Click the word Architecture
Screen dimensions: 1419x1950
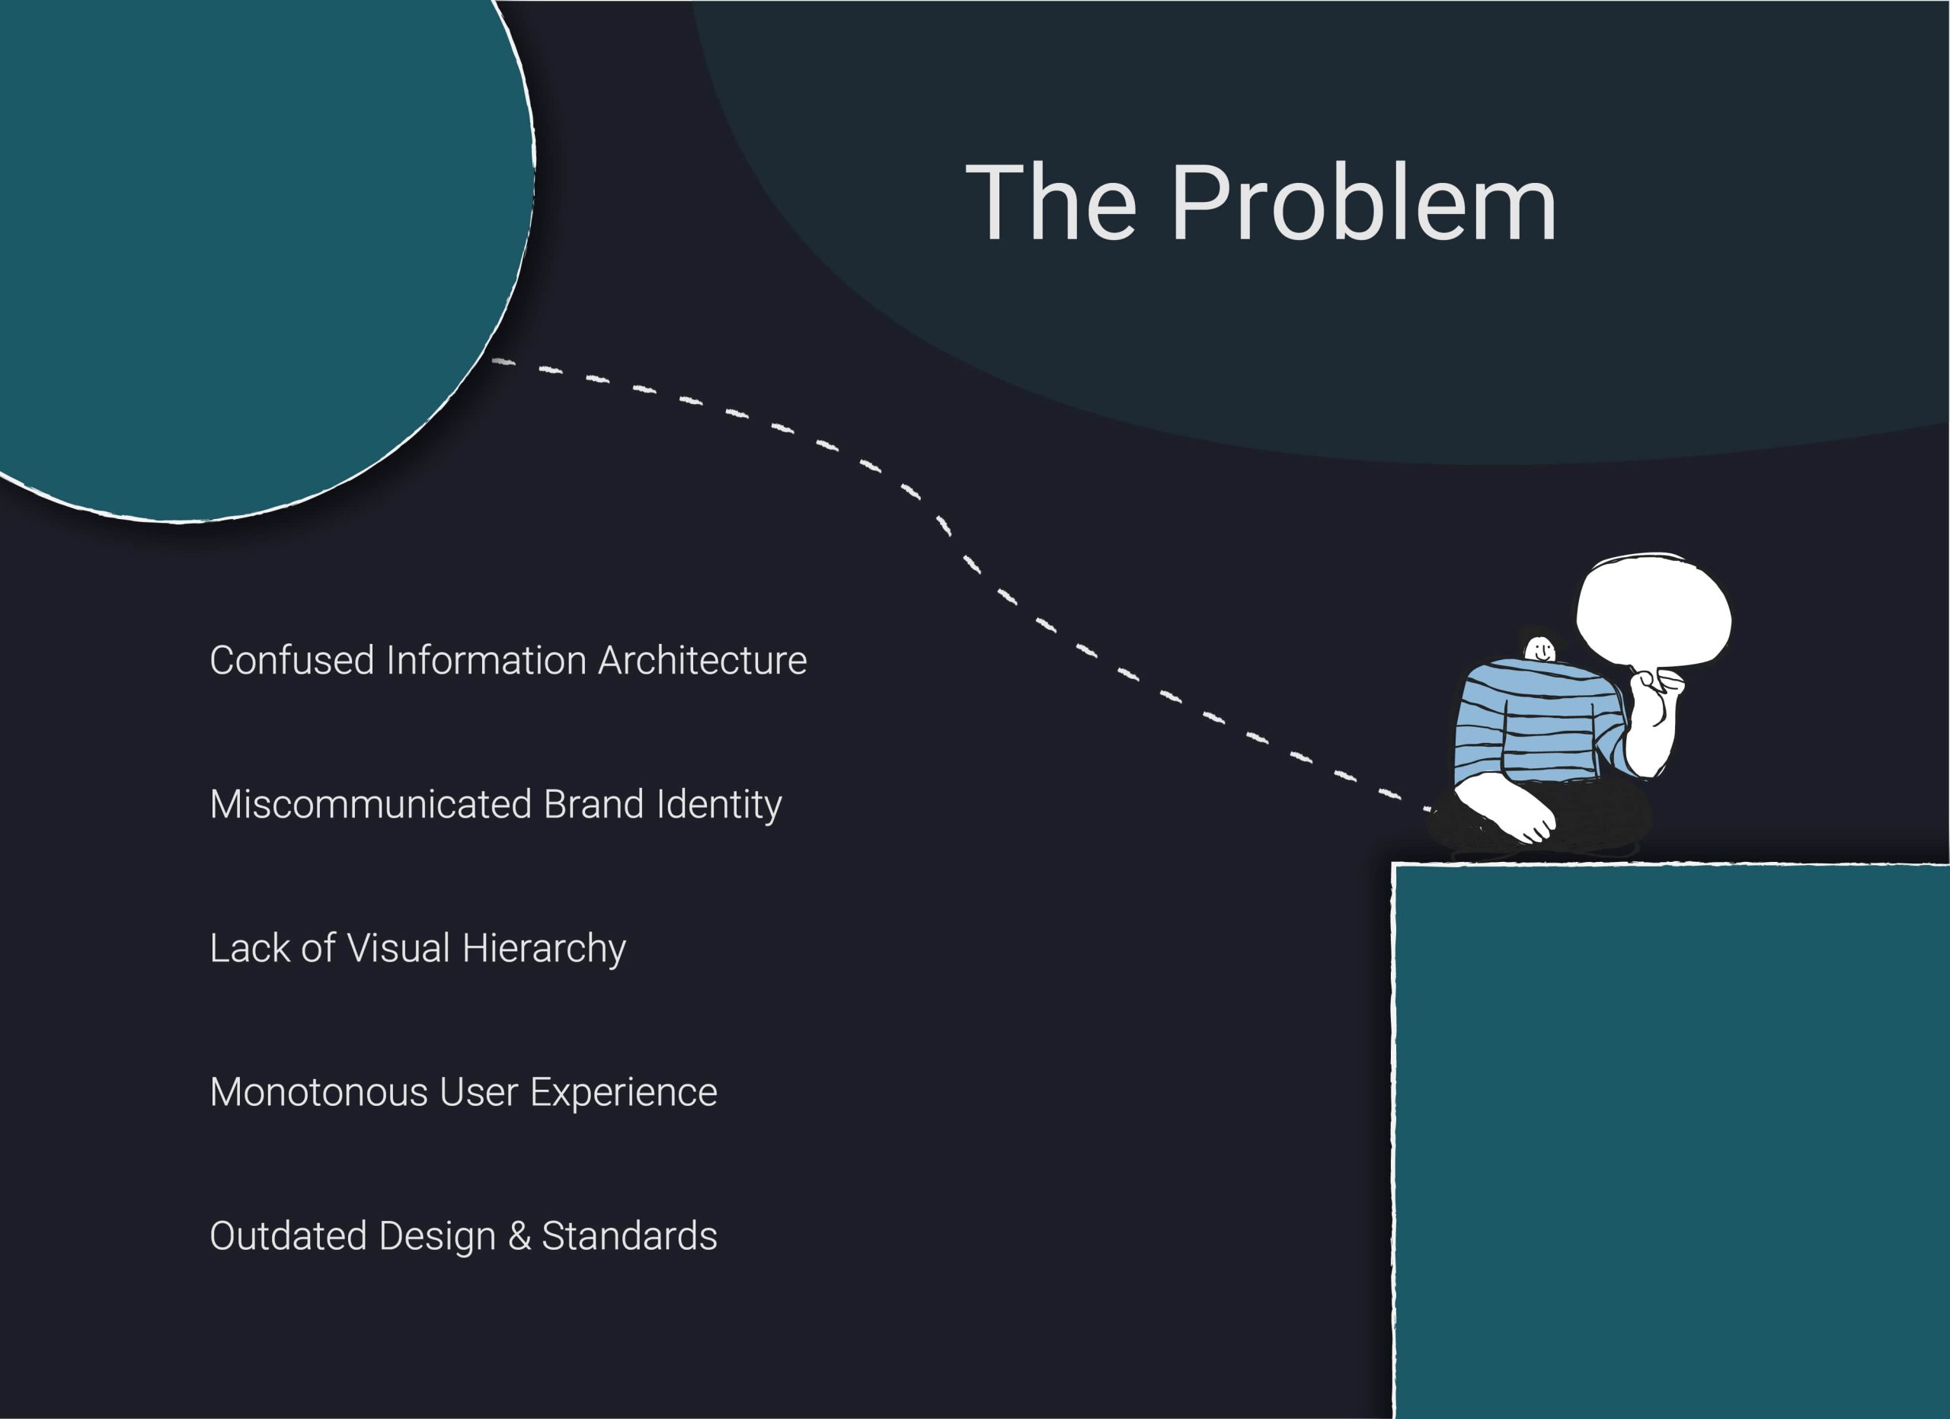click(702, 661)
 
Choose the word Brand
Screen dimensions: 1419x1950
click(593, 804)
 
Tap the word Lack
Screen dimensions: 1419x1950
click(250, 948)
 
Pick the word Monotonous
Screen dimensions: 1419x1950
click(318, 1092)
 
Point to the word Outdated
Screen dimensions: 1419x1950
click(289, 1236)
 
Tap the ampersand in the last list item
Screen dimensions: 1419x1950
click(519, 1236)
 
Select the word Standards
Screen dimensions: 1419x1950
click(629, 1236)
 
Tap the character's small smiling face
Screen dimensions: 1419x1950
click(1540, 647)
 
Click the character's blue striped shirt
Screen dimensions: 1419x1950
click(1530, 722)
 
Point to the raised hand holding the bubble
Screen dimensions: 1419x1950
click(1655, 705)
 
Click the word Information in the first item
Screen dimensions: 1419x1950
click(487, 661)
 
